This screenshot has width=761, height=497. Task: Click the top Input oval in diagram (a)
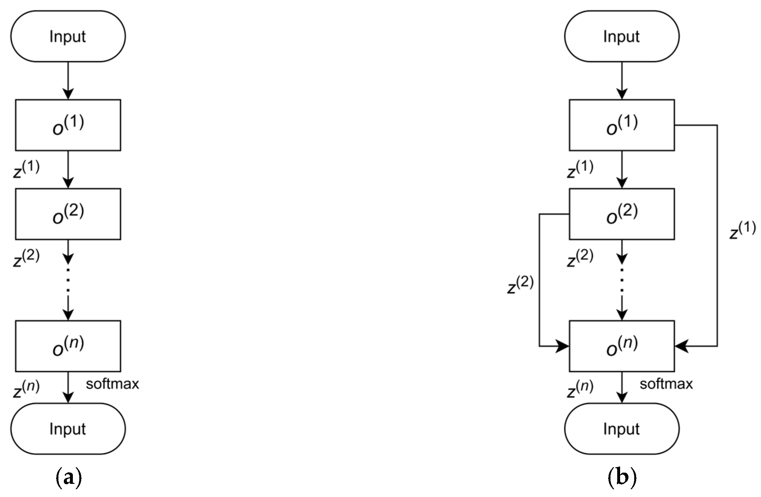(x=68, y=36)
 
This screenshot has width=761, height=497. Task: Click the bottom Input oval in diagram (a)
(x=68, y=429)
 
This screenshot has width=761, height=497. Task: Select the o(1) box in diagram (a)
(x=68, y=125)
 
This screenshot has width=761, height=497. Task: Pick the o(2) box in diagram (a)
(x=68, y=214)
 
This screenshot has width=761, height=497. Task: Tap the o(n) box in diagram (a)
(x=68, y=346)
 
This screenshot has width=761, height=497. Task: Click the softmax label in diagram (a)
(x=112, y=384)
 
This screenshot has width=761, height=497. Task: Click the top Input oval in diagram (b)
(x=622, y=36)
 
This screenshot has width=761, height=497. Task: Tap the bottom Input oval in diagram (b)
(x=622, y=429)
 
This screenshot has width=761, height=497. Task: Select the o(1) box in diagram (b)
(x=622, y=125)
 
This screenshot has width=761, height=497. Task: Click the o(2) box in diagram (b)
(x=622, y=214)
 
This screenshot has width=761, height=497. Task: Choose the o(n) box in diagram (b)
(x=622, y=346)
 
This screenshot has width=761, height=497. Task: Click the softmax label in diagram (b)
(x=666, y=384)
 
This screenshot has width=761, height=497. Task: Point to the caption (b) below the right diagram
(x=622, y=478)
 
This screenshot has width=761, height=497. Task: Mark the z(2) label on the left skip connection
(x=520, y=284)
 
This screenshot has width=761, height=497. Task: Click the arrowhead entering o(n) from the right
(x=681, y=346)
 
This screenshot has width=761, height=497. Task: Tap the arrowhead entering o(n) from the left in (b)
(x=562, y=346)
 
